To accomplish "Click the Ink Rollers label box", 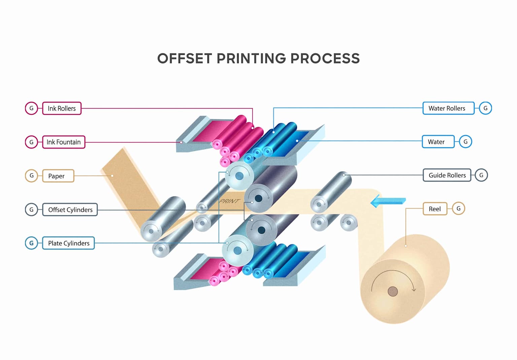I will click(62, 108).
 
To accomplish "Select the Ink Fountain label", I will click(64, 142).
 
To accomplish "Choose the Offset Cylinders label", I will click(70, 210).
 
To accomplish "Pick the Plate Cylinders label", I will click(68, 243).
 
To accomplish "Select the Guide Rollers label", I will click(447, 175).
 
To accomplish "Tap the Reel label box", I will click(435, 209).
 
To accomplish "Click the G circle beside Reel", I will click(458, 209).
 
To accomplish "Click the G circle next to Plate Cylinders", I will click(32, 243).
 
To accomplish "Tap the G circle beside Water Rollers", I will click(485, 108).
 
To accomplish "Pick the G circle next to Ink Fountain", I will click(32, 142).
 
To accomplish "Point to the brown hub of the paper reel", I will click(392, 291).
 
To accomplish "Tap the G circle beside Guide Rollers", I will click(481, 175).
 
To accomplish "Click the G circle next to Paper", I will click(32, 176).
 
